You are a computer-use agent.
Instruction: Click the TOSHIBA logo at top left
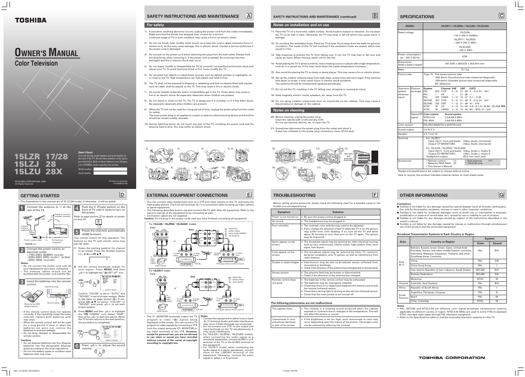pos(31,20)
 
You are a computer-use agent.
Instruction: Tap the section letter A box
pos(248,16)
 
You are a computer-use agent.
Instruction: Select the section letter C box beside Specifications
pos(501,16)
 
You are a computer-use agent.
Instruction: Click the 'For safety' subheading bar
pos(156,25)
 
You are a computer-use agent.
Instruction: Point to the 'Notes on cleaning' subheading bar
pos(289,111)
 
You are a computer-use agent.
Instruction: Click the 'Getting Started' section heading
pos(40,196)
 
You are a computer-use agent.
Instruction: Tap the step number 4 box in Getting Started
pos(77,208)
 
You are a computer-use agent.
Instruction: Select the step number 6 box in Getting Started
pos(77,346)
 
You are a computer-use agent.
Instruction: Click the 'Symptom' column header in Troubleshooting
pos(284,212)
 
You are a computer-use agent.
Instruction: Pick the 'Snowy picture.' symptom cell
pos(281,273)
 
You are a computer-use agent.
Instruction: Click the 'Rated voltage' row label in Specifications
pos(406,32)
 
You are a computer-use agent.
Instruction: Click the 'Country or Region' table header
pos(442,241)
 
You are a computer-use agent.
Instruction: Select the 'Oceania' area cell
pos(403,283)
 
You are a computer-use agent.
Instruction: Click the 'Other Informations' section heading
pos(418,195)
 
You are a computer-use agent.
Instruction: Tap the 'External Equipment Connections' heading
pos(187,195)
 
